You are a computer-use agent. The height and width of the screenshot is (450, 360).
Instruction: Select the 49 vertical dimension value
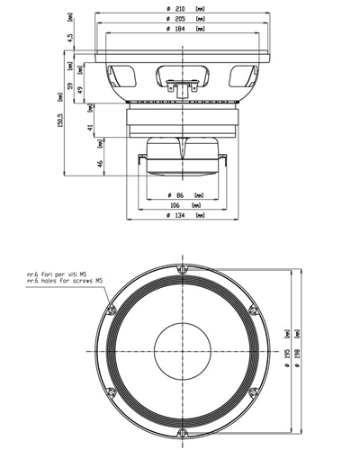[x=80, y=89]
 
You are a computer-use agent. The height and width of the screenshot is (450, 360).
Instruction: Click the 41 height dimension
[x=90, y=128]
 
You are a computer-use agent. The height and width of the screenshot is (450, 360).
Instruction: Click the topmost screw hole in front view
[x=182, y=270]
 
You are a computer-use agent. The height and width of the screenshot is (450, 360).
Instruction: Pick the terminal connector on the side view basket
[x=181, y=86]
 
